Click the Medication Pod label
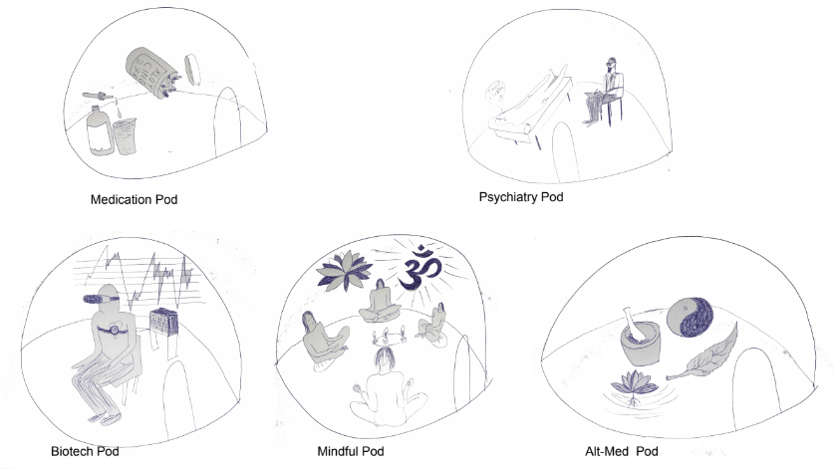pyautogui.click(x=134, y=200)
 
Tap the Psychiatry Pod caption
pyautogui.click(x=521, y=197)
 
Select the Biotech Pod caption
pyautogui.click(x=85, y=451)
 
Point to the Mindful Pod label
pyautogui.click(x=351, y=451)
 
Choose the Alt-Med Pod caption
pyautogui.click(x=621, y=451)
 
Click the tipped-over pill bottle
pyautogui.click(x=152, y=72)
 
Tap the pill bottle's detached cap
pyautogui.click(x=192, y=69)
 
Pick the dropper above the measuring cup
pyautogui.click(x=100, y=98)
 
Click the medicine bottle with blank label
pyautogui.click(x=100, y=130)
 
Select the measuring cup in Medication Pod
pyautogui.click(x=125, y=136)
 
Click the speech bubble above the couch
pyautogui.click(x=494, y=93)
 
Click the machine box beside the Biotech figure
pyautogui.click(x=162, y=326)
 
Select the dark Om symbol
pyautogui.click(x=420, y=268)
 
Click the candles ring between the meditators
pyautogui.click(x=390, y=336)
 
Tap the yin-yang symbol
pyautogui.click(x=691, y=317)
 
